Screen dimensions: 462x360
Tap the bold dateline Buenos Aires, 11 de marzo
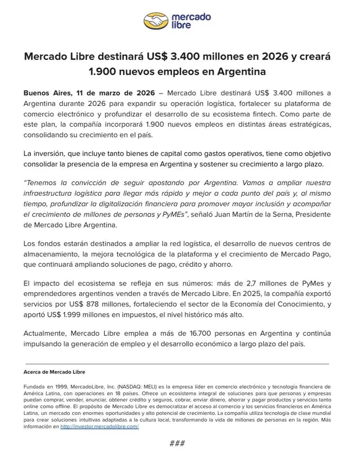(x=89, y=93)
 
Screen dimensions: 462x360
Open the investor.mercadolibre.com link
(x=99, y=427)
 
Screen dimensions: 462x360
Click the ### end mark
(x=177, y=443)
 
